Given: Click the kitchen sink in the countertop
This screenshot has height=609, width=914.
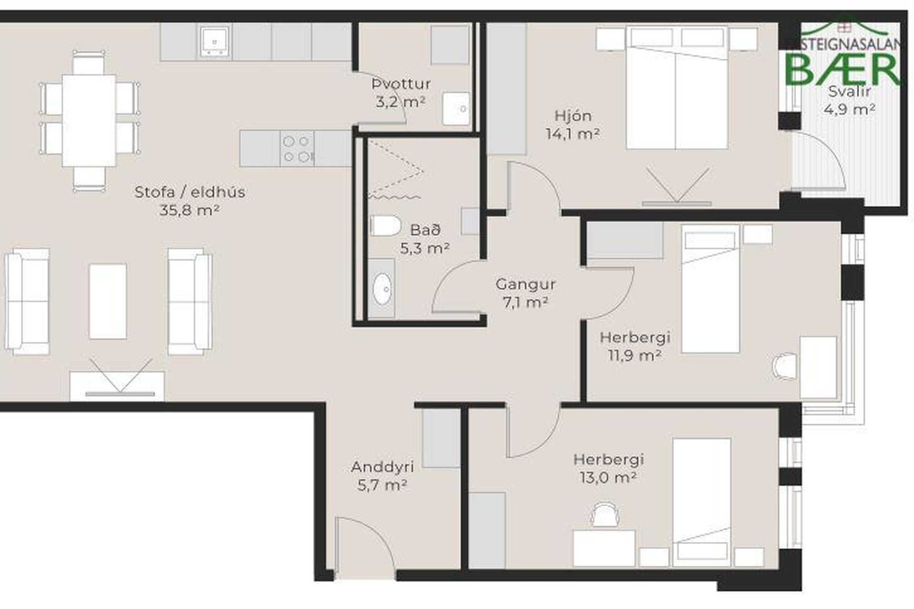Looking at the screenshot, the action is pyautogui.click(x=215, y=41).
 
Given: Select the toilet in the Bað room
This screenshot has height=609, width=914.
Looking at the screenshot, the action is pyautogui.click(x=386, y=226).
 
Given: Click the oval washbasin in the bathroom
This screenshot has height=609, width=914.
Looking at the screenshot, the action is pyautogui.click(x=382, y=288).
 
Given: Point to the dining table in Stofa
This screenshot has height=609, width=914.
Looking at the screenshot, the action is pyautogui.click(x=89, y=120).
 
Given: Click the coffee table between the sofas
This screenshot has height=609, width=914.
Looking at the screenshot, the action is pyautogui.click(x=108, y=301).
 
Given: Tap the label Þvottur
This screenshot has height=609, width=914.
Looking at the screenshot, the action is pyautogui.click(x=401, y=84).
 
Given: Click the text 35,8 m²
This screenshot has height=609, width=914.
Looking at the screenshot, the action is pyautogui.click(x=189, y=210).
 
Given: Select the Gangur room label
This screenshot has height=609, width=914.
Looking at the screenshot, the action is pyautogui.click(x=526, y=285).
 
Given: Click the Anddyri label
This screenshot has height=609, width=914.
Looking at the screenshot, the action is pyautogui.click(x=382, y=467).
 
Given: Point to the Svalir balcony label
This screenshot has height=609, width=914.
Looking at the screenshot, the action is pyautogui.click(x=850, y=91).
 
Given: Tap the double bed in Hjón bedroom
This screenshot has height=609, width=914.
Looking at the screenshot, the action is pyautogui.click(x=677, y=88).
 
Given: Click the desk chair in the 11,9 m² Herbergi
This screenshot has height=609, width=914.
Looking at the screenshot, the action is pyautogui.click(x=785, y=365).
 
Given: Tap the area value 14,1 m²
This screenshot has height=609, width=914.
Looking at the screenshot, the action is pyautogui.click(x=573, y=134).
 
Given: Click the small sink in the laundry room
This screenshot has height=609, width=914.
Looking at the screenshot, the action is pyautogui.click(x=456, y=108).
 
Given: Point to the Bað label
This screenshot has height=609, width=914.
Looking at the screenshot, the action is pyautogui.click(x=425, y=230).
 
